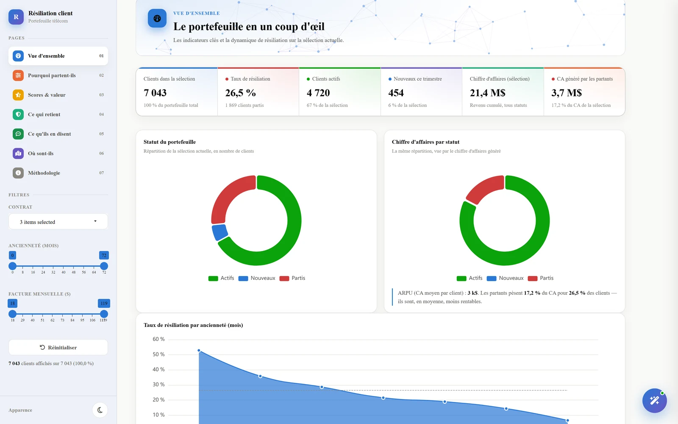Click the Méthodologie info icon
click(x=18, y=173)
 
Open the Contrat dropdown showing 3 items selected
click(x=58, y=222)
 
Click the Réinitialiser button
click(x=58, y=347)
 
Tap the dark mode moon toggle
click(x=100, y=410)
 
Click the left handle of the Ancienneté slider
click(x=12, y=266)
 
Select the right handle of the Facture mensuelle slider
click(x=104, y=314)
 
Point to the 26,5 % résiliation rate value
click(x=240, y=93)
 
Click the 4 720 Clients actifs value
click(x=318, y=93)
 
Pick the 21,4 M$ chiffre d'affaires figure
click(x=487, y=93)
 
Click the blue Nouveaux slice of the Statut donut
click(x=219, y=232)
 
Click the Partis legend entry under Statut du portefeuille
click(x=292, y=278)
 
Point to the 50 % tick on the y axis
click(x=158, y=354)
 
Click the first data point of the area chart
click(x=199, y=350)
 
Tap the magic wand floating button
click(x=654, y=401)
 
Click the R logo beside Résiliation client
click(x=16, y=17)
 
